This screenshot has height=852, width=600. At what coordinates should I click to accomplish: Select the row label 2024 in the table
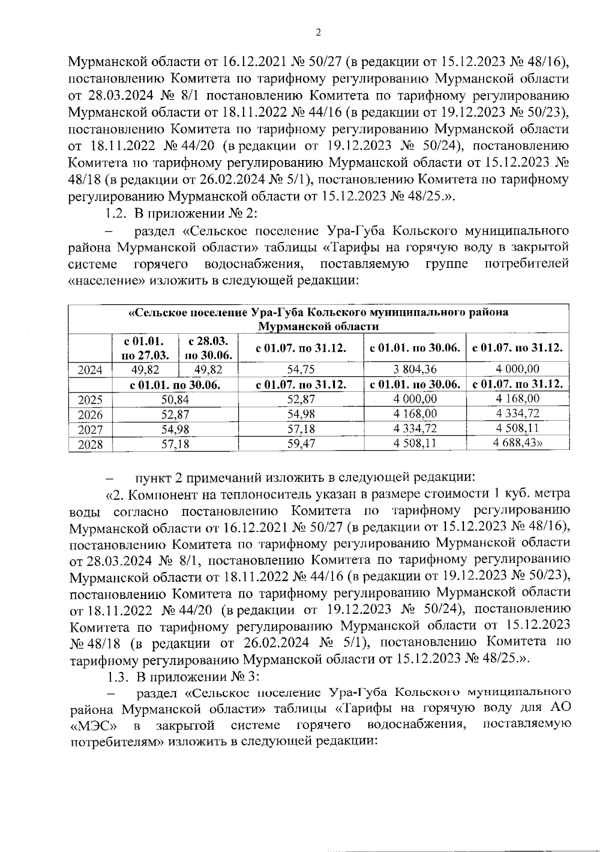tap(90, 370)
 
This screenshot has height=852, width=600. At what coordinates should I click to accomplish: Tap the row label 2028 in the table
tap(90, 444)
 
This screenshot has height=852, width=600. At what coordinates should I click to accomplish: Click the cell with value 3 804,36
tap(415, 370)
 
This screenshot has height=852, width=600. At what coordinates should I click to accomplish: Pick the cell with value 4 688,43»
tap(517, 443)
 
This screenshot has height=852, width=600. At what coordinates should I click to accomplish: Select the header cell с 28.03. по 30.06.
tap(208, 348)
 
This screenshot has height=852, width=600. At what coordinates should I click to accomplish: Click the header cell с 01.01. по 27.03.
tap(146, 348)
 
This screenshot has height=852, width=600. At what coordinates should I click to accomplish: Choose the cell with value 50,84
tap(175, 399)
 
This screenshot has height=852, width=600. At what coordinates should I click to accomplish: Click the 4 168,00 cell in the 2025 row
tap(517, 399)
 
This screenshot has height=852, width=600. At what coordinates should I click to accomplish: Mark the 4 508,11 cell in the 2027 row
tap(517, 429)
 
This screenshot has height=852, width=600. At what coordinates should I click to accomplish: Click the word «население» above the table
tap(106, 280)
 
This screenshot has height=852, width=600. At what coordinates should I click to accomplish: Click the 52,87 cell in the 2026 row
tap(175, 414)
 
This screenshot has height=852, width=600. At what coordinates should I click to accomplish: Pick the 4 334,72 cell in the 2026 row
tap(517, 414)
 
